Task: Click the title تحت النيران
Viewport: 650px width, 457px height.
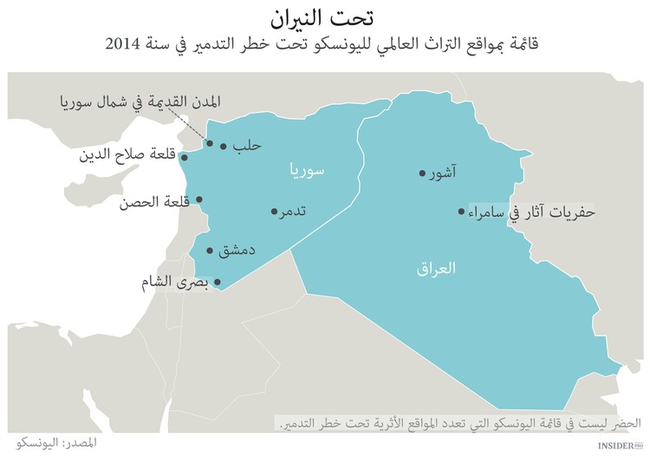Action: tap(325, 18)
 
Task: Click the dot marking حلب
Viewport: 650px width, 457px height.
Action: tap(224, 147)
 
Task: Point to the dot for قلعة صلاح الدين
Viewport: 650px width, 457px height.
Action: tap(184, 158)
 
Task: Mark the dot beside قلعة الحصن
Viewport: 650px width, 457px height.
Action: tap(199, 199)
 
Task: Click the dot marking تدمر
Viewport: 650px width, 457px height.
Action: tap(274, 211)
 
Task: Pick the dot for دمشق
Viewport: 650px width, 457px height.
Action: tap(210, 251)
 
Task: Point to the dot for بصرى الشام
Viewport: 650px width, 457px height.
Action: tap(218, 282)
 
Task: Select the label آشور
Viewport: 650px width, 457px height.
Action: tap(443, 173)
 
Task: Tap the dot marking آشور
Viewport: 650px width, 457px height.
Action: tap(422, 173)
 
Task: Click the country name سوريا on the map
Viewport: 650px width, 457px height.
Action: tap(307, 171)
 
